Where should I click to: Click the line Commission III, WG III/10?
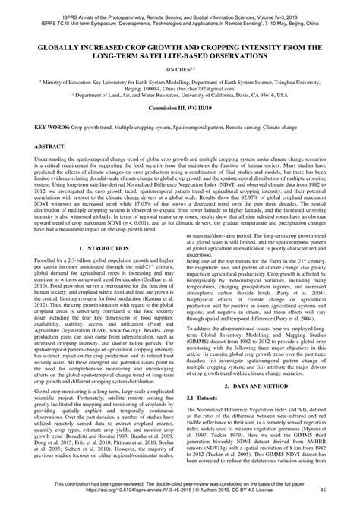180,108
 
